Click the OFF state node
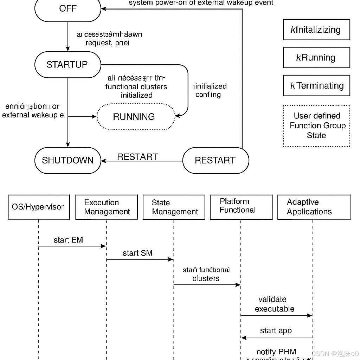(67, 9)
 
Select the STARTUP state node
(67, 65)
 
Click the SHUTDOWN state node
(67, 160)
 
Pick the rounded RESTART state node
(216, 160)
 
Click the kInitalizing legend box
(316, 30)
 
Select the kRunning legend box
(316, 57)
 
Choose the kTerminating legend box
(316, 85)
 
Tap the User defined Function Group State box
(316, 126)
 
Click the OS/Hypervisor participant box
(39, 207)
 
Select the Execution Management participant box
(107, 207)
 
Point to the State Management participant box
(174, 207)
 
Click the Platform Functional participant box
(241, 207)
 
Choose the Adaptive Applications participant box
(314, 207)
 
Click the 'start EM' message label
(68, 240)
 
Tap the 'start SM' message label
(137, 253)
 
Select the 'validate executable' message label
(274, 304)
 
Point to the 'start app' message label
(276, 330)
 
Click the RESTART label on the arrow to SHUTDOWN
(137, 157)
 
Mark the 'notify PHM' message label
(276, 352)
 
